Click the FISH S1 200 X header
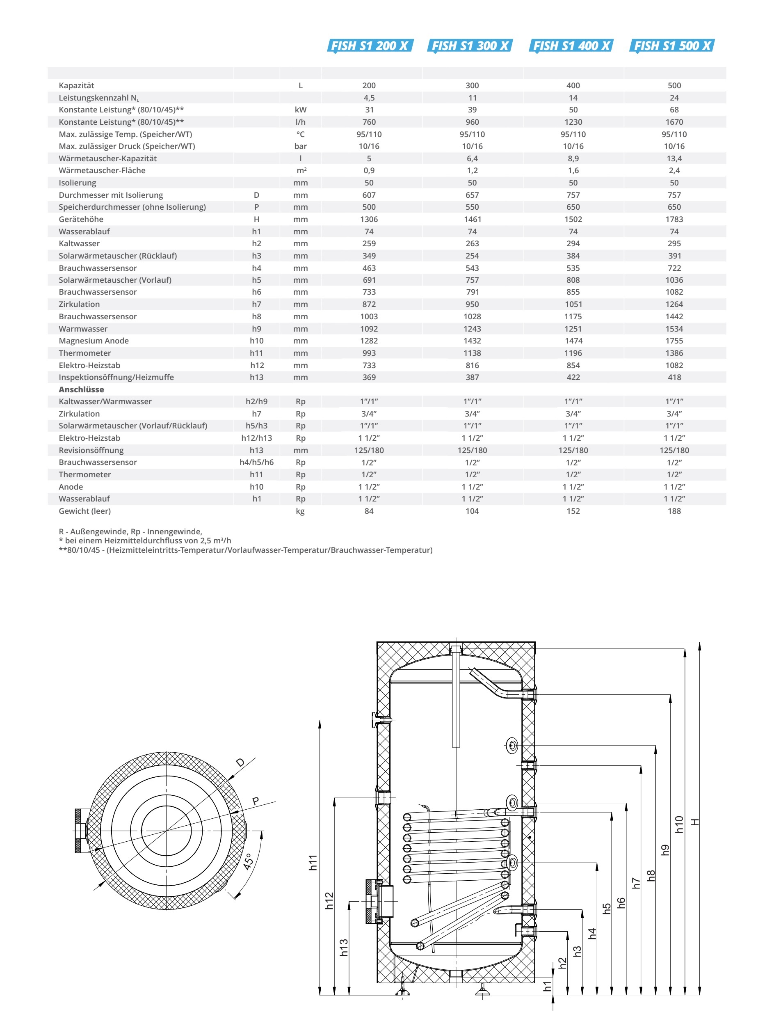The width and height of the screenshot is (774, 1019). click(370, 46)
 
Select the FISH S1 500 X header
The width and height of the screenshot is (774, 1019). click(673, 46)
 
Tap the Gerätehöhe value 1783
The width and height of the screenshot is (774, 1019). click(674, 220)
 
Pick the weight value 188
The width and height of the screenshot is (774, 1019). click(674, 511)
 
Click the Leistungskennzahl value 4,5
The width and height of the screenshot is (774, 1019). click(369, 98)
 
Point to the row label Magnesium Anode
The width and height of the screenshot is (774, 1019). click(94, 341)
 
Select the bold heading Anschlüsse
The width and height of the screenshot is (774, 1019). click(81, 389)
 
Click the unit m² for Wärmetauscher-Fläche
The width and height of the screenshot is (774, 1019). click(301, 171)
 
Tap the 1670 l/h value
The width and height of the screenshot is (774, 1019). click(674, 122)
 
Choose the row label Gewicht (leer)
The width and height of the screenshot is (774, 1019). click(84, 511)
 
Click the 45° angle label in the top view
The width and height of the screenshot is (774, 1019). click(248, 861)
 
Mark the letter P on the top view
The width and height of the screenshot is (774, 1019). click(256, 801)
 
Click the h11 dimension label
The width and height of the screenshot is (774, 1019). click(313, 862)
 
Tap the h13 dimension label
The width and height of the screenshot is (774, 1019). click(344, 948)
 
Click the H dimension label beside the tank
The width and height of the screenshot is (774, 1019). click(695, 822)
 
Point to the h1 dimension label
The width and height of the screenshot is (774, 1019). click(547, 986)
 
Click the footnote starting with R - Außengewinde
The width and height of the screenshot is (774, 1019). click(130, 531)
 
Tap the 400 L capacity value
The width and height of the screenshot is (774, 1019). click(573, 86)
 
